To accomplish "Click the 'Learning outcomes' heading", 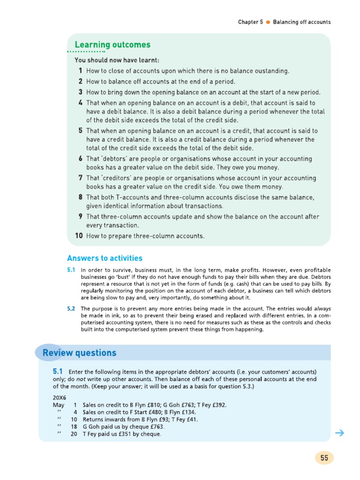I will (112, 45).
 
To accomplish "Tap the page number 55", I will (324, 458).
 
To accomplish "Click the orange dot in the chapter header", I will (268, 22).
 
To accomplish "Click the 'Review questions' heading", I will (79, 353).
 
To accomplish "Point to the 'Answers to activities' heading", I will (105, 258).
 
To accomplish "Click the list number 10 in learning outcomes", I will (79, 236).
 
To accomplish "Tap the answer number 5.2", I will (71, 308).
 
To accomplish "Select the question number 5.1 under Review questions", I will (59, 371).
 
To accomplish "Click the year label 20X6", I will (60, 397).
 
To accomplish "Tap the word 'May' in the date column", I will (59, 405).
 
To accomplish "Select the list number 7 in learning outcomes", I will (81, 178).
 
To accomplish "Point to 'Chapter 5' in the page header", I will (250, 22).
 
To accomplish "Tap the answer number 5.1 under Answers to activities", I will (71, 270).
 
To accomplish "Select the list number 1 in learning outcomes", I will (81, 71).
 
